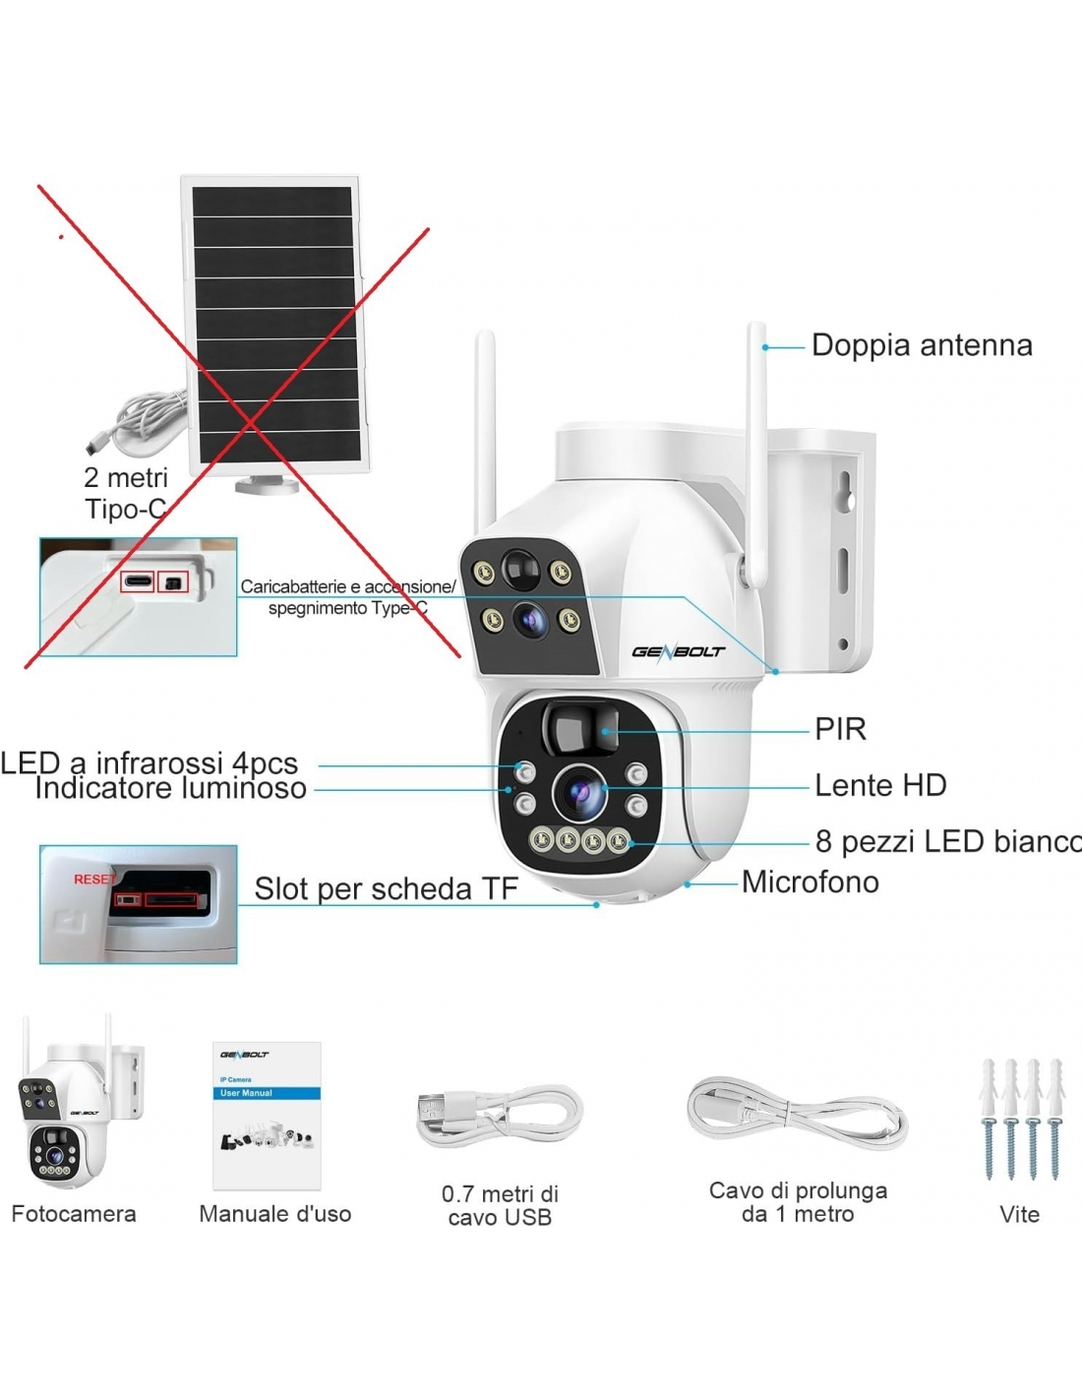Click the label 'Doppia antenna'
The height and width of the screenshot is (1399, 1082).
coord(922,345)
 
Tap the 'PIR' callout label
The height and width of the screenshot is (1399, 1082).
coord(840,729)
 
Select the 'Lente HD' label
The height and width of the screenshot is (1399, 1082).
coord(880,785)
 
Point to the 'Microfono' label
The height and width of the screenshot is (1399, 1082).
coord(810,882)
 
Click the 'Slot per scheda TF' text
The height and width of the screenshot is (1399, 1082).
coord(386,888)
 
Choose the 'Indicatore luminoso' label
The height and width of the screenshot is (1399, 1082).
coord(170,789)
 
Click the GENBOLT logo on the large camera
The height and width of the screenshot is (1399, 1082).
coord(678,651)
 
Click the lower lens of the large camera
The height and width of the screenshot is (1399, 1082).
coord(579,793)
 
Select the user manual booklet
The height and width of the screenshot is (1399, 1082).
coord(267,1116)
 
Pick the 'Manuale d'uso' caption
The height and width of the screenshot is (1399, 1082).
coord(274,1214)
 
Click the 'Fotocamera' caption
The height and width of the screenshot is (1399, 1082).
coord(74,1214)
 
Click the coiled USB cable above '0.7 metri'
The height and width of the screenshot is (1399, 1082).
coord(499,1116)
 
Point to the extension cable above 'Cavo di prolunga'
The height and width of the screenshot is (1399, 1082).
coord(797,1116)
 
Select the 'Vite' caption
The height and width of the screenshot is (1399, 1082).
coord(1019,1214)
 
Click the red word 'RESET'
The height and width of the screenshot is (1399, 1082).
coord(93,879)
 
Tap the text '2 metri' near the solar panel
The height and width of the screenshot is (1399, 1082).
coord(126,477)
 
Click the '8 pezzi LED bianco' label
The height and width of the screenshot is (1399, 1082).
coord(947,841)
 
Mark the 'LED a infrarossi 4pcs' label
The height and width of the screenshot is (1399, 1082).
coord(150,762)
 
